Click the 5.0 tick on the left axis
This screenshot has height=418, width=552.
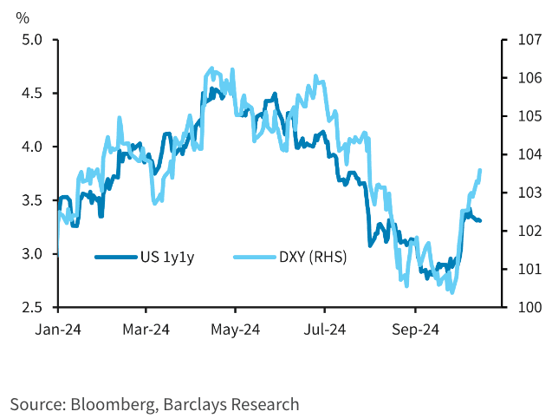tap(32, 39)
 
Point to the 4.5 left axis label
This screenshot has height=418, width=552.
tap(32, 93)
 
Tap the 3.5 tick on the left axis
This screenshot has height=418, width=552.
tap(32, 200)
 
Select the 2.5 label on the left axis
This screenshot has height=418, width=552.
tap(32, 307)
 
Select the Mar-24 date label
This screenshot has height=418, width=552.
tap(146, 330)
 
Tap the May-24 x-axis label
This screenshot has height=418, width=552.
tap(236, 330)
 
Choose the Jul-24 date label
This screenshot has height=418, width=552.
tap(325, 330)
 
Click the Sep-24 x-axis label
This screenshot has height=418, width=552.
tap(414, 330)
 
